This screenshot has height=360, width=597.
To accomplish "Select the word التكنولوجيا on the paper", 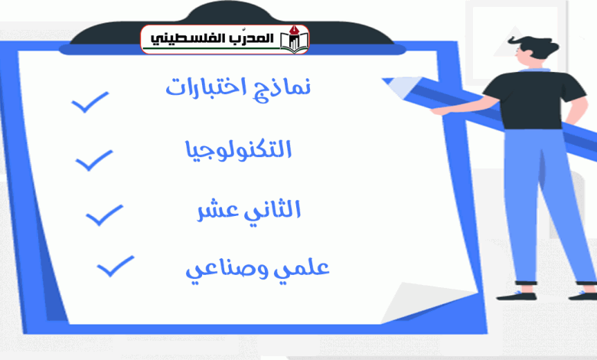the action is [x=238, y=150].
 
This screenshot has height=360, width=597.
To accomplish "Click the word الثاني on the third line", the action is [x=272, y=210].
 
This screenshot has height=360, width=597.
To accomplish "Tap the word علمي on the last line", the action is [x=307, y=267].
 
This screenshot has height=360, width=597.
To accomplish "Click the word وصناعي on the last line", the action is [x=231, y=270].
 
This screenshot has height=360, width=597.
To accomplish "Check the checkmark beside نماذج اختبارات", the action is [x=90, y=102].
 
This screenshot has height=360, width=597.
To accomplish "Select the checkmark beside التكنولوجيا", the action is [x=94, y=160].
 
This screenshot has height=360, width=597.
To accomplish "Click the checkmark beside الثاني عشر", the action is [x=104, y=215].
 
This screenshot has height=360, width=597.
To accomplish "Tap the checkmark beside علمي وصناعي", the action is [x=116, y=266].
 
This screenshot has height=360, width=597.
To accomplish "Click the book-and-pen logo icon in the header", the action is [x=295, y=39].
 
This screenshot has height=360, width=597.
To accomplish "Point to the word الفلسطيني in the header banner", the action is [x=181, y=39].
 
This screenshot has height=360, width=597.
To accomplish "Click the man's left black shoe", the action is [x=516, y=296].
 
